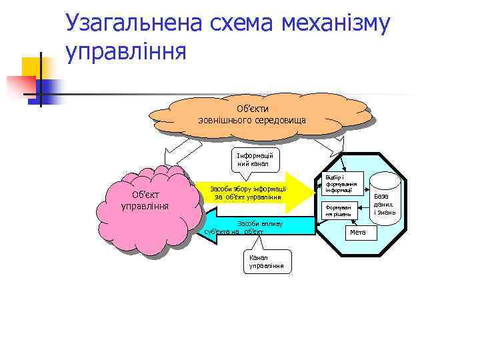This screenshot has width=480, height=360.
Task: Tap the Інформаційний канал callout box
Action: [254, 159]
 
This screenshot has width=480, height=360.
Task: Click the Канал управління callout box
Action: [267, 261]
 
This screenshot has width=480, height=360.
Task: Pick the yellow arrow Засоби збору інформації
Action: [250, 192]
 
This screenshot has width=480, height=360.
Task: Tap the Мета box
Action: [358, 232]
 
